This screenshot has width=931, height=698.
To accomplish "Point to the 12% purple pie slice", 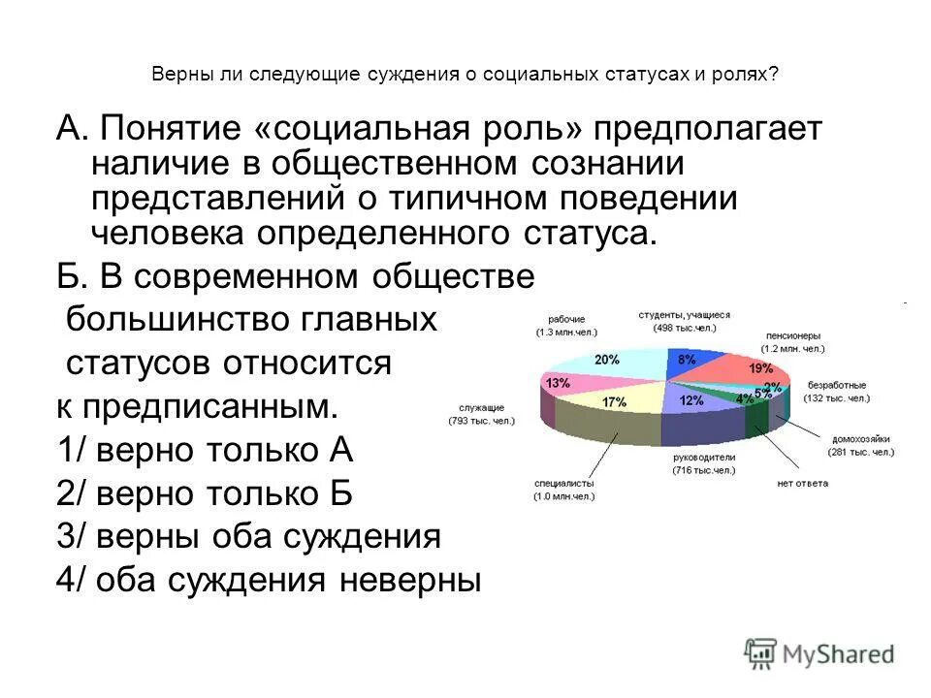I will point(690,399).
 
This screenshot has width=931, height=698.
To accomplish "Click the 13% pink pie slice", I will point(560,383).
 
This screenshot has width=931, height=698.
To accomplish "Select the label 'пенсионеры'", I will point(793,334).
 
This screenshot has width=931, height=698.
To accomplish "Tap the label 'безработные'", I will point(838,385).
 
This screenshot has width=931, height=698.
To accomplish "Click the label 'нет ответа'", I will point(802,483).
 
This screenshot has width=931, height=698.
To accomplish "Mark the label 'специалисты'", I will point(563,483).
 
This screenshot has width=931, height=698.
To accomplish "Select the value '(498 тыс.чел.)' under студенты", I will point(683,329).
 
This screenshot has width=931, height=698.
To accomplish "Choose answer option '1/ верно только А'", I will point(206,451).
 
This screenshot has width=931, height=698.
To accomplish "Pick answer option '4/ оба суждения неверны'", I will point(269,579).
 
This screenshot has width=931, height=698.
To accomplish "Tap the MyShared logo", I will point(819,654).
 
